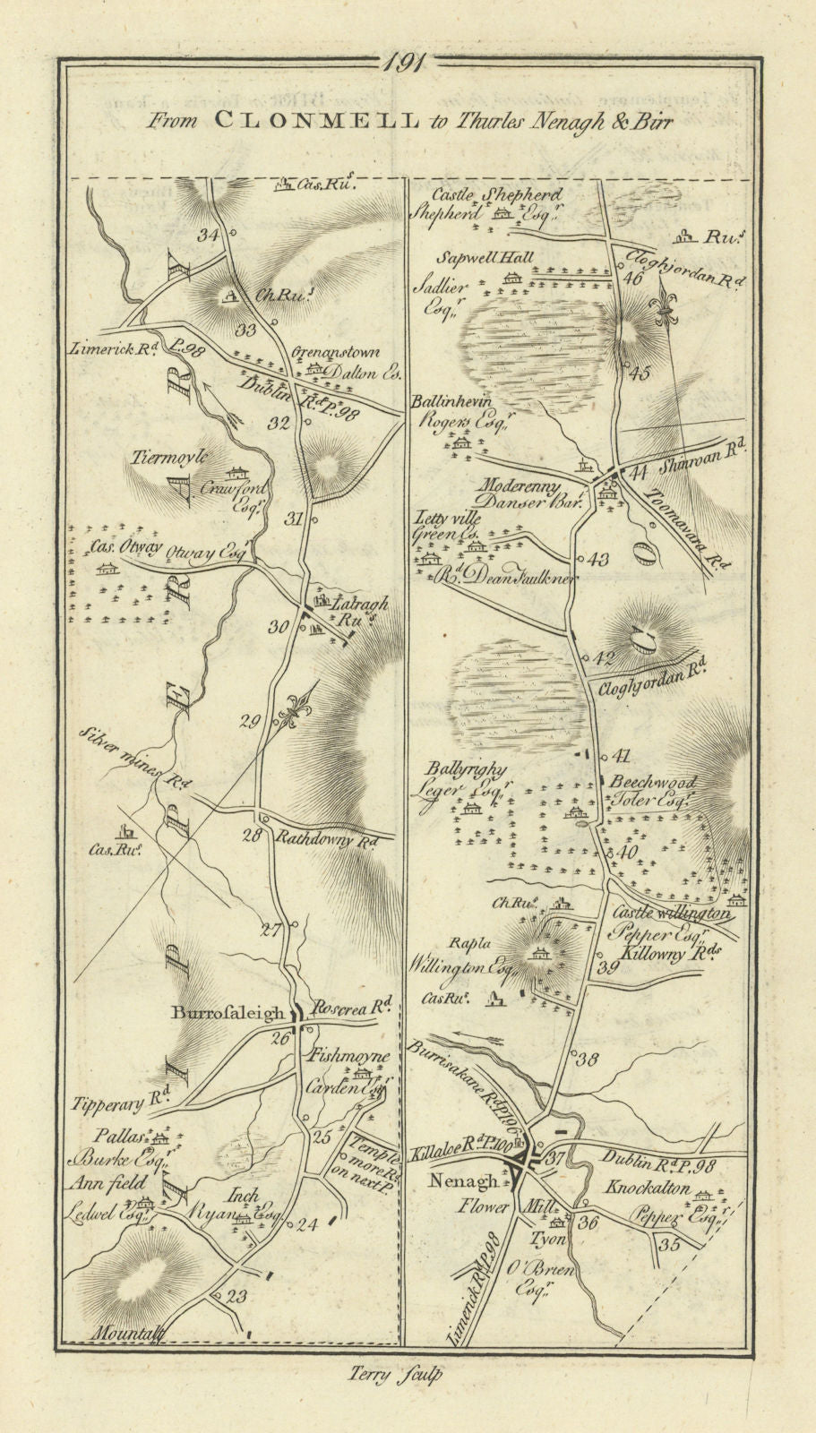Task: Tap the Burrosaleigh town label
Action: (232, 1015)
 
